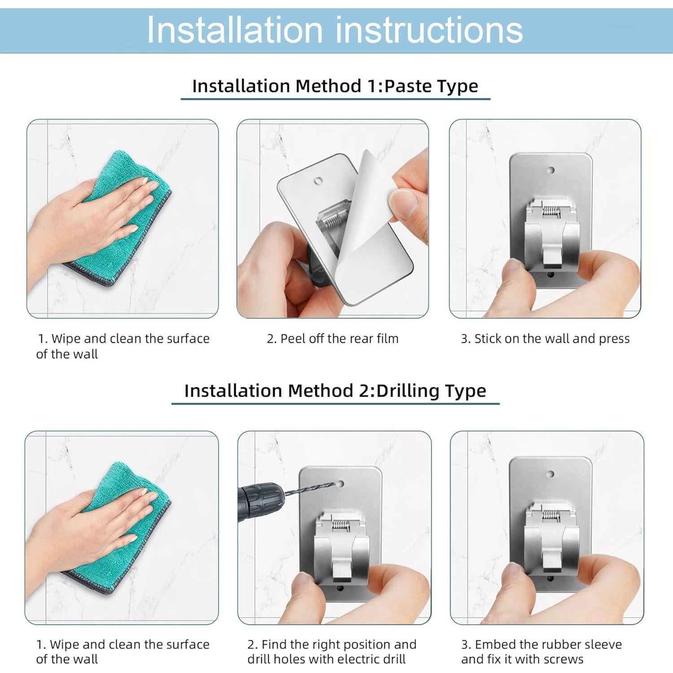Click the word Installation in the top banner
pyautogui.click(x=235, y=30)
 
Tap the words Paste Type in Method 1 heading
pyautogui.click(x=431, y=86)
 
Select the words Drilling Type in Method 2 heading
pyautogui.click(x=431, y=391)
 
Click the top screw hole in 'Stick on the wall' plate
pyautogui.click(x=551, y=170)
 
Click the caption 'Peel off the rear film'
pyautogui.click(x=332, y=339)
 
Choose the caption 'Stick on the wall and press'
pyautogui.click(x=545, y=339)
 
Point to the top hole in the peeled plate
pyautogui.click(x=319, y=180)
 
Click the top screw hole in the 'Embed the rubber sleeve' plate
pyautogui.click(x=551, y=474)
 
